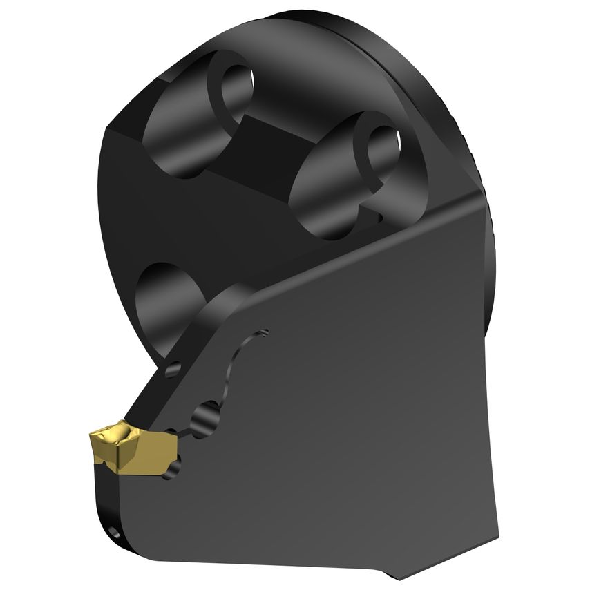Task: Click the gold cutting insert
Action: pyautogui.click(x=128, y=446)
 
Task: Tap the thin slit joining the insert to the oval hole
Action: pyautogui.click(x=181, y=432)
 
